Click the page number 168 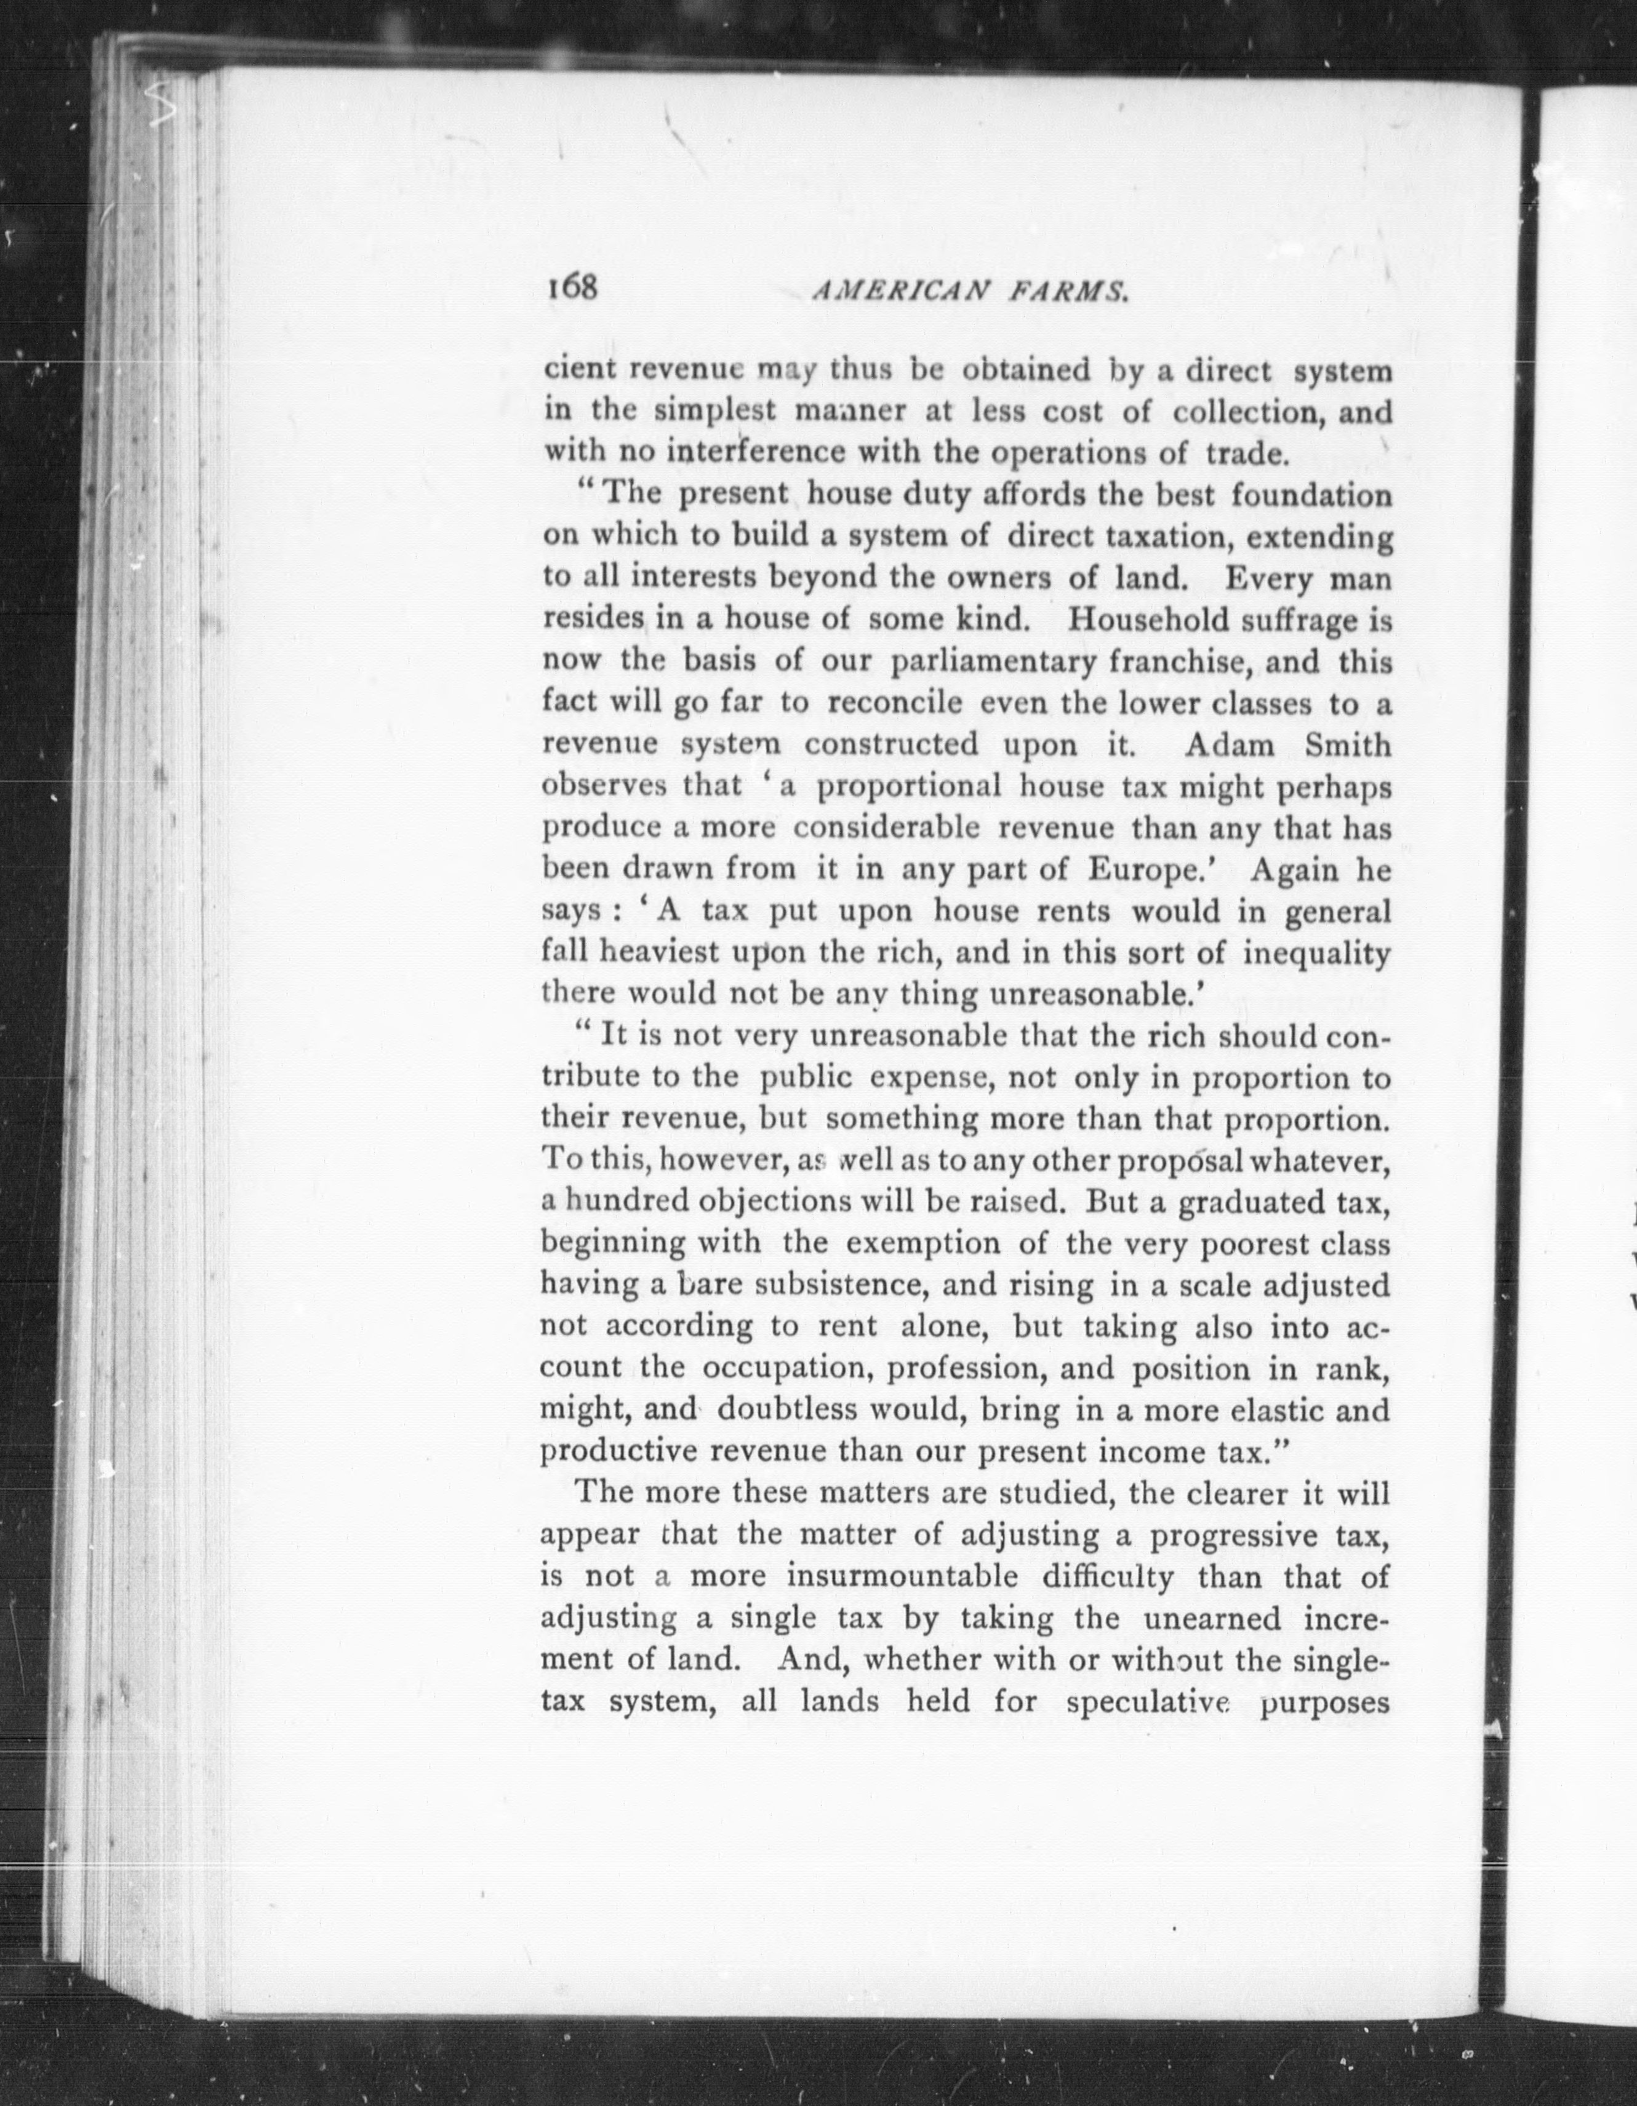[572, 287]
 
